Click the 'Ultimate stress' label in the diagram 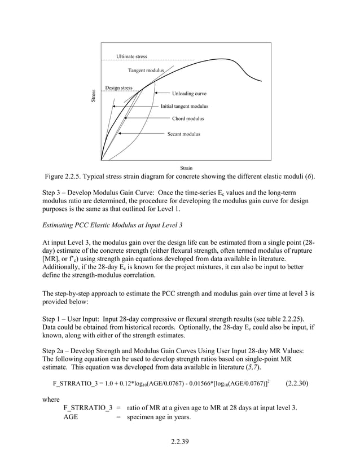pos(131,57)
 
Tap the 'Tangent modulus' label pos(146,71)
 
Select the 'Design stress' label pos(118,88)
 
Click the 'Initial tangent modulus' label pos(184,106)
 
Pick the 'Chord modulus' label pos(188,119)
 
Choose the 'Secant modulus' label pos(183,134)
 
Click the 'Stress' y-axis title pos(94,96)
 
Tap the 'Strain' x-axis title pos(186,168)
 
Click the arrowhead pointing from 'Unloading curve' pos(156,93)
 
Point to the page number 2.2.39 pos(179,441)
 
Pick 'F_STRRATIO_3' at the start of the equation pos(76,383)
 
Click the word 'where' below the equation pos(52,398)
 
